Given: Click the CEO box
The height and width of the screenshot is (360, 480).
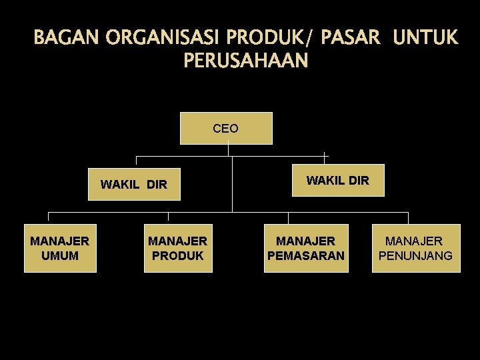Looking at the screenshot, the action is (x=226, y=128).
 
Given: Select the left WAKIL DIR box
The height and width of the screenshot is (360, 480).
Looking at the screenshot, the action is (x=135, y=183).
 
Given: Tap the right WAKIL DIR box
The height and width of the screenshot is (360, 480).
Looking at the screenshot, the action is (x=338, y=180).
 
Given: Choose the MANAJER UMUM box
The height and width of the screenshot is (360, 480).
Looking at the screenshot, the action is (x=60, y=248).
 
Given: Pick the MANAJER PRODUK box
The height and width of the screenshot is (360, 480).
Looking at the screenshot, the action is (x=178, y=248).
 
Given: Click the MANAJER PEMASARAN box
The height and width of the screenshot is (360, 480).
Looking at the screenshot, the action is (x=306, y=248).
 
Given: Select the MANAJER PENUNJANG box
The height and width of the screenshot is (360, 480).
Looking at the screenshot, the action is (x=416, y=248).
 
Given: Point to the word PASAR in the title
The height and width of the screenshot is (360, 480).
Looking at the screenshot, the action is (x=351, y=38).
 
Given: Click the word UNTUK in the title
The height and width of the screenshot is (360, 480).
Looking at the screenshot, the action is (x=426, y=38).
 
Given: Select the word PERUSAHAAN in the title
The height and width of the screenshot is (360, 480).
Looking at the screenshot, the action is (x=245, y=61).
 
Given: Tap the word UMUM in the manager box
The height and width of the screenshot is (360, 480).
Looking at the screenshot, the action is (x=60, y=256).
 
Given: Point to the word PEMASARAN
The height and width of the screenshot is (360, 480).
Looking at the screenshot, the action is (x=306, y=256).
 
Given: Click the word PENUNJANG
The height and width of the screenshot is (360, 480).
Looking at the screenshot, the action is (x=416, y=256).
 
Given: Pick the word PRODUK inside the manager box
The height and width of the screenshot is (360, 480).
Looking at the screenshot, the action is (x=178, y=256).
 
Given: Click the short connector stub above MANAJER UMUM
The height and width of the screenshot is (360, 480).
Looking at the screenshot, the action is (x=48, y=217).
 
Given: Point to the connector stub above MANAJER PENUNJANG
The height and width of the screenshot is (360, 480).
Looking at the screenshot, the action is (x=408, y=218).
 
